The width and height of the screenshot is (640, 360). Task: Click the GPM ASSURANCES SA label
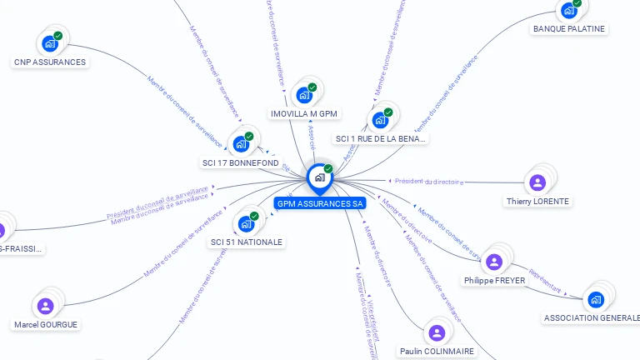[320, 203]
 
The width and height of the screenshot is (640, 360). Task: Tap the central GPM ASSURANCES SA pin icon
[319, 177]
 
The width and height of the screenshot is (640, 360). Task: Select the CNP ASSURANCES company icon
[50, 43]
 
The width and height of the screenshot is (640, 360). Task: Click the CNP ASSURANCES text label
[50, 62]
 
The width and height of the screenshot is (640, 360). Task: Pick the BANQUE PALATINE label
[569, 28]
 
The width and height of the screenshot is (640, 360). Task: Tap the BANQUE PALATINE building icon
[568, 10]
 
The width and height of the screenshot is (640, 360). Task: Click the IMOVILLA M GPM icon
[304, 95]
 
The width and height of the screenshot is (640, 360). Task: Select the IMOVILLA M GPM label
[304, 113]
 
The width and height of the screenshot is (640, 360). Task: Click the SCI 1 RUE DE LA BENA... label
[380, 138]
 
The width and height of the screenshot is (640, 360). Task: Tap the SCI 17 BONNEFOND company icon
[241, 144]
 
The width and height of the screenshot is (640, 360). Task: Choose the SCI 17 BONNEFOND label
[241, 162]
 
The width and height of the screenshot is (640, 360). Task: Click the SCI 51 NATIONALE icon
[246, 223]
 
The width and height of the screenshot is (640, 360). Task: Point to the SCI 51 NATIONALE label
[247, 242]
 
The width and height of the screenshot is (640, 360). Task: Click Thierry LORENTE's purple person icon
[537, 182]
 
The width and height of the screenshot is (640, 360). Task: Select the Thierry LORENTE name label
[538, 202]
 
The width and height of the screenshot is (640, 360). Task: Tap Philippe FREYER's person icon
[494, 262]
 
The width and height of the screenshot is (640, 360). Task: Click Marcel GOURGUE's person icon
[46, 306]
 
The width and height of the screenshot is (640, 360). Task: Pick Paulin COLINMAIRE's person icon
[437, 333]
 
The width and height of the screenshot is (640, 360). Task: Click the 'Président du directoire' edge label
[429, 181]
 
